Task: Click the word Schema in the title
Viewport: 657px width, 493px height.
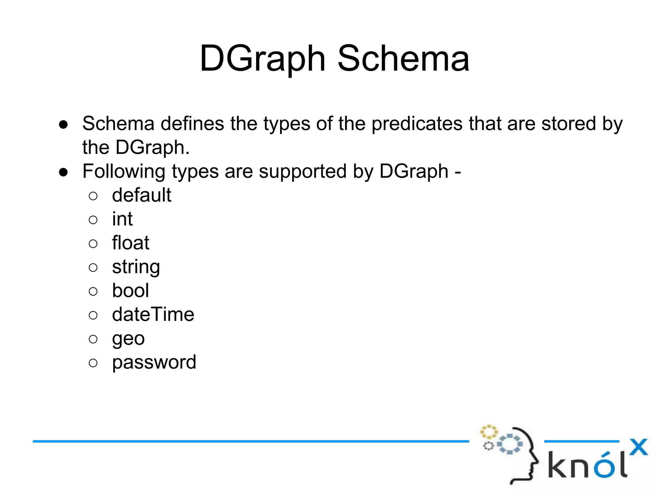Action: (x=404, y=58)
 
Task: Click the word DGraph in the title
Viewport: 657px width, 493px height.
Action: (x=263, y=58)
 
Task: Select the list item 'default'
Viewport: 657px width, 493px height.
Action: (x=141, y=195)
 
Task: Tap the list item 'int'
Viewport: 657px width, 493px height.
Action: (x=122, y=219)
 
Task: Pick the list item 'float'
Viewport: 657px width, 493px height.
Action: (x=131, y=243)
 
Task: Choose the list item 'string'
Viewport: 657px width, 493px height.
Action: (x=136, y=267)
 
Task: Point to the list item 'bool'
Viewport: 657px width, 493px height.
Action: (x=130, y=290)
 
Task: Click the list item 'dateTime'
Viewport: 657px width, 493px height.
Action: (x=153, y=314)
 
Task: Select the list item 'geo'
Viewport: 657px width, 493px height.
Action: (x=128, y=339)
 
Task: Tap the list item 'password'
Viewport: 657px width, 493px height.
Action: (x=154, y=362)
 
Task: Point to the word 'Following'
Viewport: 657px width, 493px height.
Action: (x=124, y=171)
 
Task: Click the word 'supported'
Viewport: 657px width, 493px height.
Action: (x=303, y=171)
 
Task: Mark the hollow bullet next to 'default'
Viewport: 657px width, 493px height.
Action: (x=93, y=196)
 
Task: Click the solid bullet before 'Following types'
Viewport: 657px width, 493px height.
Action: (x=64, y=172)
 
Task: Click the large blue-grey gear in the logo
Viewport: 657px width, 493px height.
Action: (x=510, y=444)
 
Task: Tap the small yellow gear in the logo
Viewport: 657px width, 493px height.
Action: (x=489, y=432)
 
